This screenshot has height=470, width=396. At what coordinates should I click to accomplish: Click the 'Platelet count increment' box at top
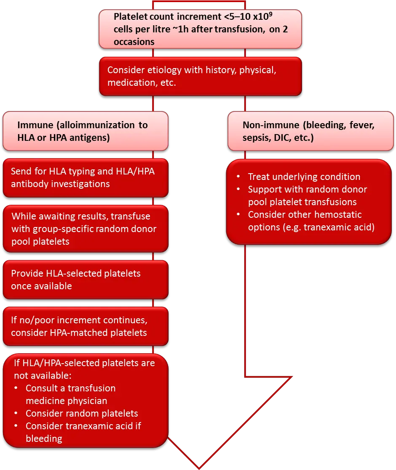(x=200, y=29)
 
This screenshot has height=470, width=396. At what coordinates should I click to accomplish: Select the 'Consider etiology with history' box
(x=200, y=76)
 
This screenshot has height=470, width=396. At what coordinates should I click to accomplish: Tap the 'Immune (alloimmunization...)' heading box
(x=85, y=131)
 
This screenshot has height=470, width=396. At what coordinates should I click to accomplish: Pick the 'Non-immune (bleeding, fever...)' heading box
(x=310, y=131)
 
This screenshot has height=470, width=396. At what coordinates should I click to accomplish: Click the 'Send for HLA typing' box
(x=85, y=177)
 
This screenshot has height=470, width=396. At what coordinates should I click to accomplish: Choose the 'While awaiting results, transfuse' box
(x=85, y=229)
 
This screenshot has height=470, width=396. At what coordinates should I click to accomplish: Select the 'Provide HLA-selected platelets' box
(x=85, y=280)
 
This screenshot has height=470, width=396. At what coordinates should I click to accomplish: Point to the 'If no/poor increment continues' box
(x=85, y=326)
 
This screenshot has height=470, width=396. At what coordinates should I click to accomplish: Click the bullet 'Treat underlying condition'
(x=304, y=177)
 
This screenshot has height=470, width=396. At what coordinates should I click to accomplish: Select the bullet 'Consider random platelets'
(x=82, y=413)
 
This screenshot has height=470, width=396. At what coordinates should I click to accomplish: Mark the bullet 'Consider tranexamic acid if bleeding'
(x=83, y=432)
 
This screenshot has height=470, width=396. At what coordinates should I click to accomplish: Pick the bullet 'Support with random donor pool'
(x=307, y=196)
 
